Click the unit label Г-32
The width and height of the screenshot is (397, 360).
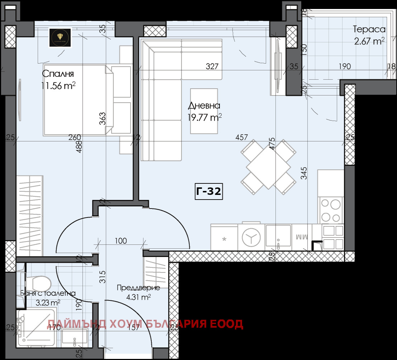pos(209,192)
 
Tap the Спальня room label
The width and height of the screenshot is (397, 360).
pos(58,74)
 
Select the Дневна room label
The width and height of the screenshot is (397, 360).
pos(204,106)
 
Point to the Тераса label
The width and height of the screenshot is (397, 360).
pos(369,29)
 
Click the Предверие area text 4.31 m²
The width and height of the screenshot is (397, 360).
pos(138,297)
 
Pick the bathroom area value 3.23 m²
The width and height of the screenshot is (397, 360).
pos(48,303)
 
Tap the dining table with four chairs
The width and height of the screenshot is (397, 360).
pos(268,164)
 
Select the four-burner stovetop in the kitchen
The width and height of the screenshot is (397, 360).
pos(330,210)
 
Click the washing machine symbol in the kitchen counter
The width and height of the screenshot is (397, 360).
pos(251,237)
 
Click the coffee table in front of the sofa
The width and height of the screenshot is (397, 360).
pos(204,111)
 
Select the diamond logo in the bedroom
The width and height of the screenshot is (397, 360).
pos(60,37)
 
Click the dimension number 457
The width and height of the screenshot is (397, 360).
pos(242,137)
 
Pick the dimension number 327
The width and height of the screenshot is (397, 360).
pos(212,66)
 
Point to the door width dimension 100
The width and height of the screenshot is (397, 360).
pos(121,240)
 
